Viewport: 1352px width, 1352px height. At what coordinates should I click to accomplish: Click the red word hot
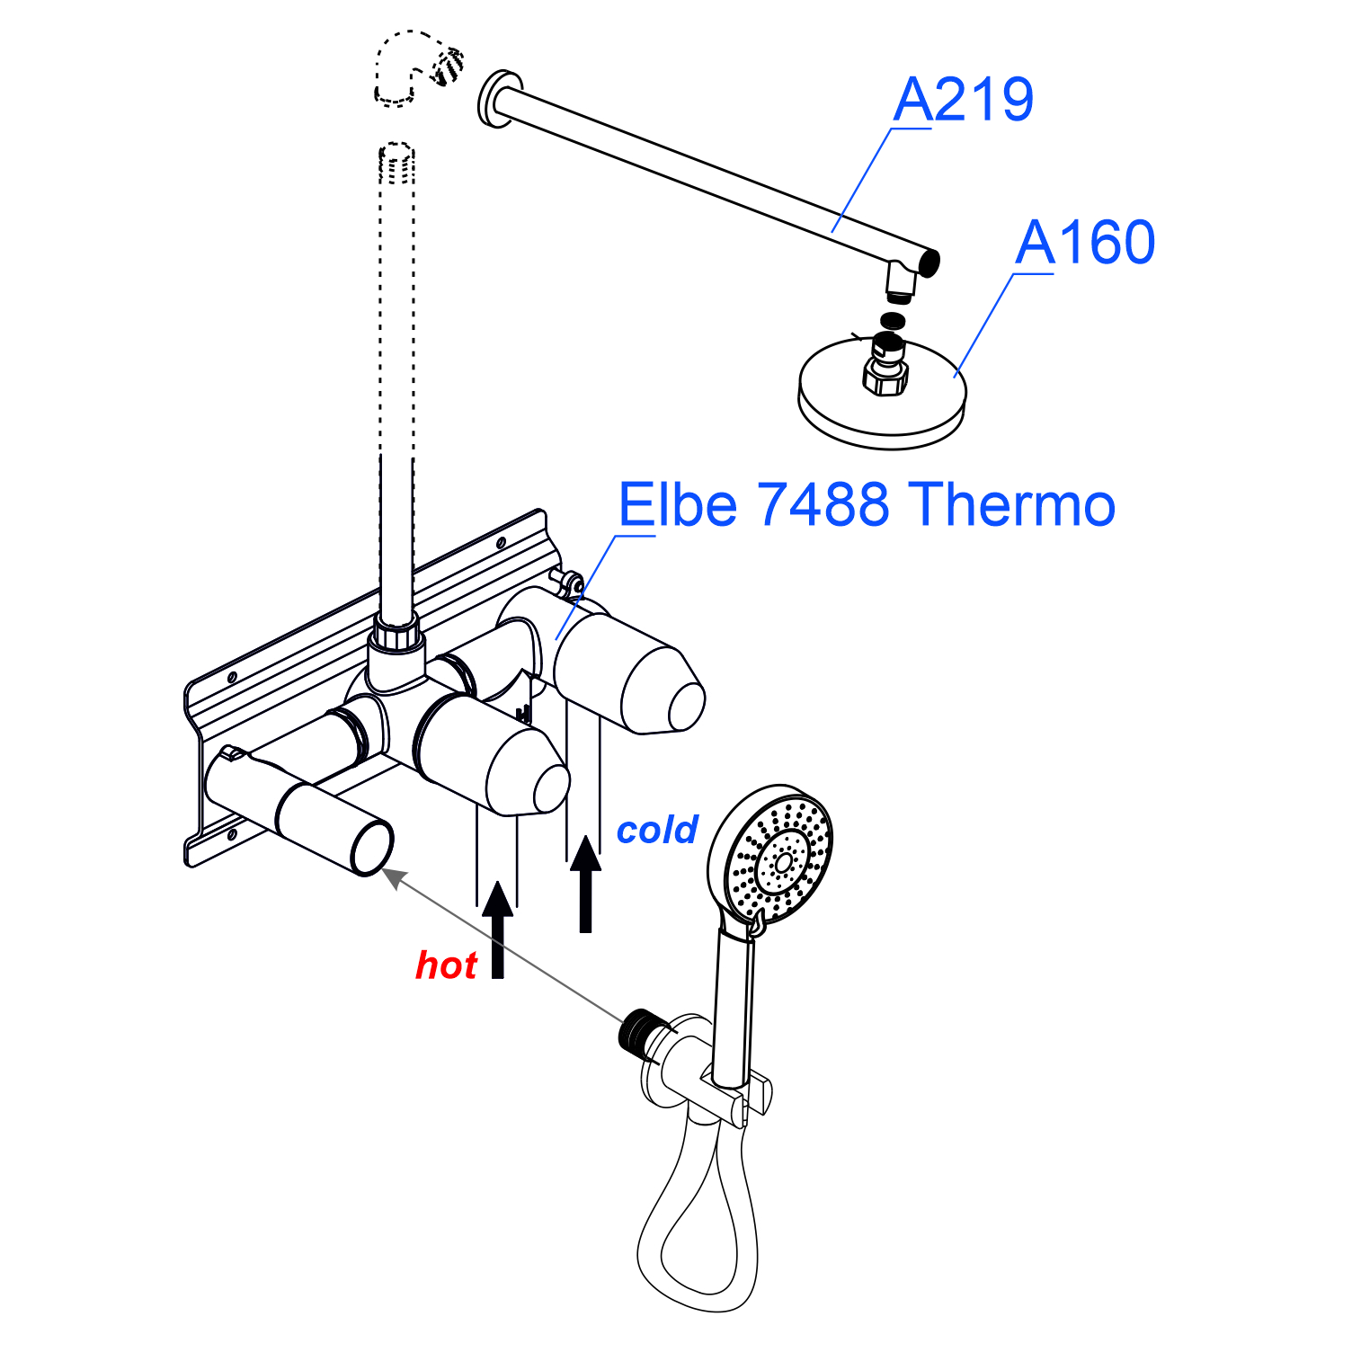(446, 965)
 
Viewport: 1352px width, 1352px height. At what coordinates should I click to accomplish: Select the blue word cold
(656, 830)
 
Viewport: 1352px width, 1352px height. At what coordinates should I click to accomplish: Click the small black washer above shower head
(893, 320)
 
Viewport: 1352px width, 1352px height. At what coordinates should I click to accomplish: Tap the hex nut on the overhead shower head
(885, 376)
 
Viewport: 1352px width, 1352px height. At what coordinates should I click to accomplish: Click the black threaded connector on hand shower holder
(641, 1030)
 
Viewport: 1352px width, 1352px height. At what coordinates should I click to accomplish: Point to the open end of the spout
(372, 848)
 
